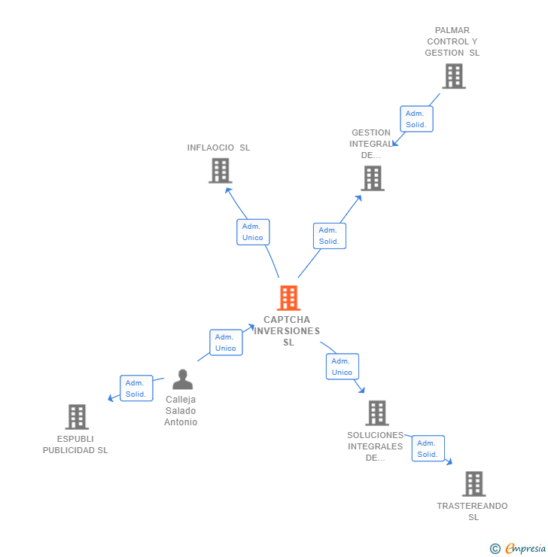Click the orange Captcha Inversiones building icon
[x=288, y=298]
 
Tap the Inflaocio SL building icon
[x=220, y=171]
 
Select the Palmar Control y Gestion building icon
[x=453, y=76]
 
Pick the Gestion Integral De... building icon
[x=373, y=178]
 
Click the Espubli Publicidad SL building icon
[x=77, y=417]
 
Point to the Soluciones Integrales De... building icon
[x=377, y=413]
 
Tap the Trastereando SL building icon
[x=473, y=484]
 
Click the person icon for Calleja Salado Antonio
[x=182, y=379]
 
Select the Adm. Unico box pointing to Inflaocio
[x=253, y=232]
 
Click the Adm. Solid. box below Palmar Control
[x=416, y=119]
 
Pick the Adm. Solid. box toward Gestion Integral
[x=329, y=236]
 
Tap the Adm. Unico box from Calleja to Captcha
[x=226, y=342]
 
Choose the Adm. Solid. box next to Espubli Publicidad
[x=136, y=388]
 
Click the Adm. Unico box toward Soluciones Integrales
[x=342, y=367]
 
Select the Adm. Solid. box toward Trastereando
[x=428, y=449]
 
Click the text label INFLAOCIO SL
[x=218, y=148]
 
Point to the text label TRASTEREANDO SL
[x=473, y=511]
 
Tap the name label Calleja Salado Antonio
[x=181, y=411]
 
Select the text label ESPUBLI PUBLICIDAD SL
[x=75, y=444]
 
